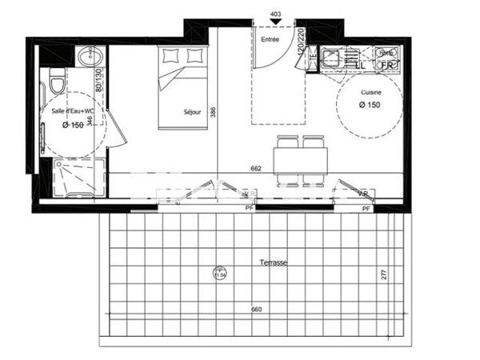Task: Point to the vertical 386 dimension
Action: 214,113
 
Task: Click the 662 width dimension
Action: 256,168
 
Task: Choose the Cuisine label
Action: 370,94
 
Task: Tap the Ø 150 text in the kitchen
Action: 370,106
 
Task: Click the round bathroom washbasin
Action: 86,57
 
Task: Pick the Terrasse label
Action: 274,262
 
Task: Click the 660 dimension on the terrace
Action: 256,309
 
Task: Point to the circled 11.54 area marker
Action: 218,274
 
